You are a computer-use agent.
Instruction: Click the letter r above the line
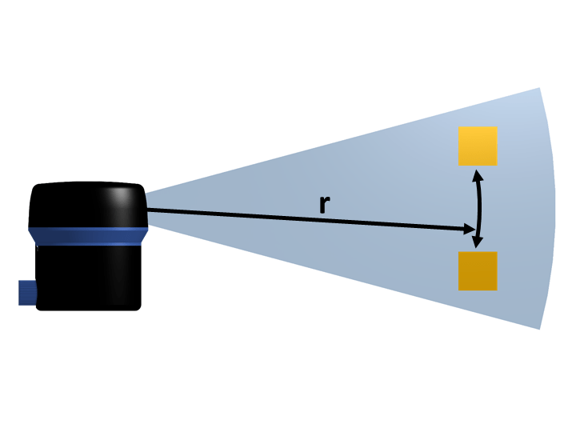coord(323,204)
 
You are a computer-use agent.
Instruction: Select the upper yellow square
coord(478,146)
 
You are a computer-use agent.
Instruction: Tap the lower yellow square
coord(478,270)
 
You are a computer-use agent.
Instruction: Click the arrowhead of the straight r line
coord(470,230)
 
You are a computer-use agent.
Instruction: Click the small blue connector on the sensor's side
coord(26,292)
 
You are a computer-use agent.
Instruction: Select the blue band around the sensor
coord(88,235)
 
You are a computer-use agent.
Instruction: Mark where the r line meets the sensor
coord(147,210)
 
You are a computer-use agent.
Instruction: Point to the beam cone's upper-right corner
coord(540,89)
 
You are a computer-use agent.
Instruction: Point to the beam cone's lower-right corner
coord(539,328)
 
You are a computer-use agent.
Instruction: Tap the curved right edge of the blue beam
coord(555,208)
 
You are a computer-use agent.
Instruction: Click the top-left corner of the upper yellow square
coord(459,127)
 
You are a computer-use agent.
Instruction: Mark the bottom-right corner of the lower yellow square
coord(497,290)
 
